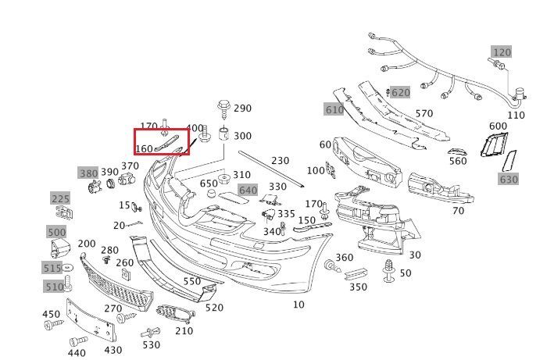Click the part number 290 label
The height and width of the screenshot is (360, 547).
coord(243,109)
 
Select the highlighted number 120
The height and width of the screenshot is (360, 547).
coord(501,52)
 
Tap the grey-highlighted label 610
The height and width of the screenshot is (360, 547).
coord(334,110)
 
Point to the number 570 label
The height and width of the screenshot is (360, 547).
coord(424,114)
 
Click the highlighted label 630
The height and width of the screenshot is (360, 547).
coord(509,180)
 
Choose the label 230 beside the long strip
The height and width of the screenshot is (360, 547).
coord(280,161)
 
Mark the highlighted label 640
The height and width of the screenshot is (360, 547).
coord(248,190)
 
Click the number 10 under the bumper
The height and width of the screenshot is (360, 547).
coord(299,305)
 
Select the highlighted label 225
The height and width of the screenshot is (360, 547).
coord(61,199)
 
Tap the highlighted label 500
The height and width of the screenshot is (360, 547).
coord(57,232)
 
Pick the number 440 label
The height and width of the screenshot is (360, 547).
coord(77,353)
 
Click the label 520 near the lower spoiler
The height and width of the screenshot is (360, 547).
coord(214,308)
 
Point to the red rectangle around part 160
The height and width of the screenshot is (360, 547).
coord(162,142)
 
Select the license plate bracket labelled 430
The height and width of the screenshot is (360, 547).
coord(92,319)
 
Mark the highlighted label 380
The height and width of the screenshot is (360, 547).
coord(88,173)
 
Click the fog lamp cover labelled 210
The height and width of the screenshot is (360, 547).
coord(173,315)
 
